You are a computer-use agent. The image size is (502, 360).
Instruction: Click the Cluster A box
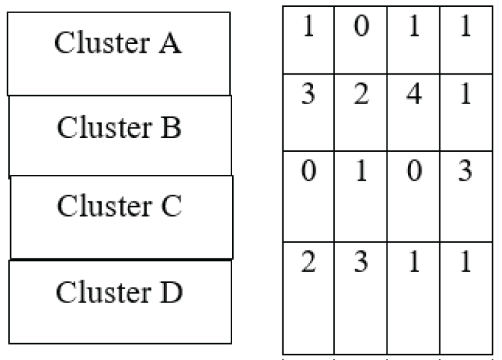(119, 54)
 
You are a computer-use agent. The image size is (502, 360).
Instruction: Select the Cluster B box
(119, 136)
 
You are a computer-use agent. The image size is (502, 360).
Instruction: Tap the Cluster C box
(121, 217)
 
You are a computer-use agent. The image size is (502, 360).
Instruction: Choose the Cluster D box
(120, 302)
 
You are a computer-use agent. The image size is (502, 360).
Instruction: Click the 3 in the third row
(465, 173)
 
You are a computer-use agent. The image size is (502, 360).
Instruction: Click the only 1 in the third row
(360, 173)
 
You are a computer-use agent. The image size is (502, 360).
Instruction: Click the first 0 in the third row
(307, 173)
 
